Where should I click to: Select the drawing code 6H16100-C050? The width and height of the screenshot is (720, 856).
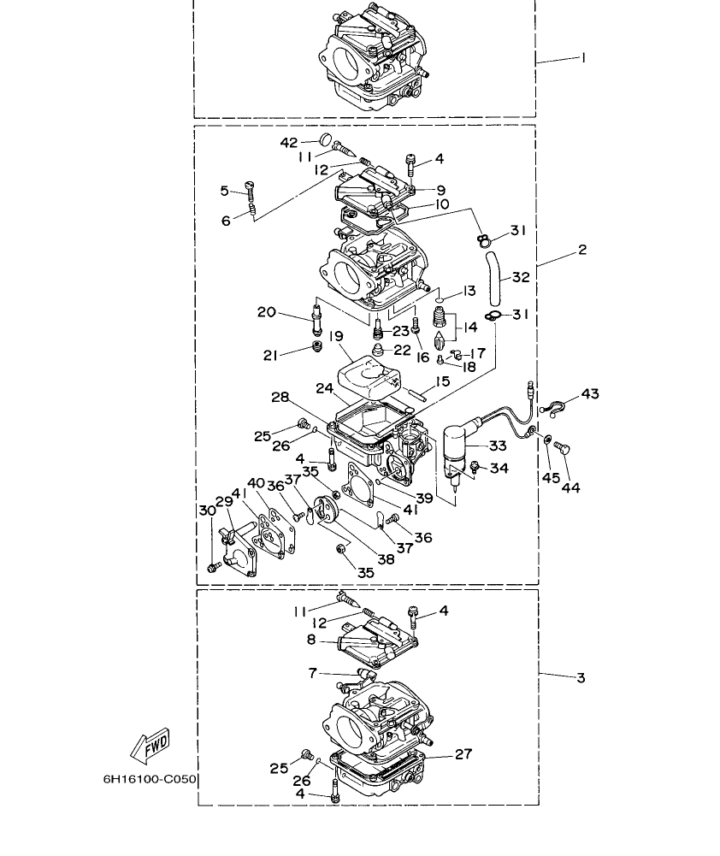click(150, 779)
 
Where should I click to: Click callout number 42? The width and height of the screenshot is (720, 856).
click(290, 141)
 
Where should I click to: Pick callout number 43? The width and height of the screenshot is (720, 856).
click(590, 394)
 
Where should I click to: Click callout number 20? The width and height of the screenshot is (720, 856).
click(267, 312)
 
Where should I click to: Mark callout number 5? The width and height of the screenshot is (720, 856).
click(225, 190)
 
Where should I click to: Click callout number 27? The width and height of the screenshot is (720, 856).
click(463, 754)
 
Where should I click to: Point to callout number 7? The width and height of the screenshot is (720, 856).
click(313, 674)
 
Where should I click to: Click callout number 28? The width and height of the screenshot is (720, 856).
click(279, 398)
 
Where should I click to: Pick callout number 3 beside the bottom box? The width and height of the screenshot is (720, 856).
click(581, 677)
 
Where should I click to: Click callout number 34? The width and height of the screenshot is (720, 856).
click(499, 468)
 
